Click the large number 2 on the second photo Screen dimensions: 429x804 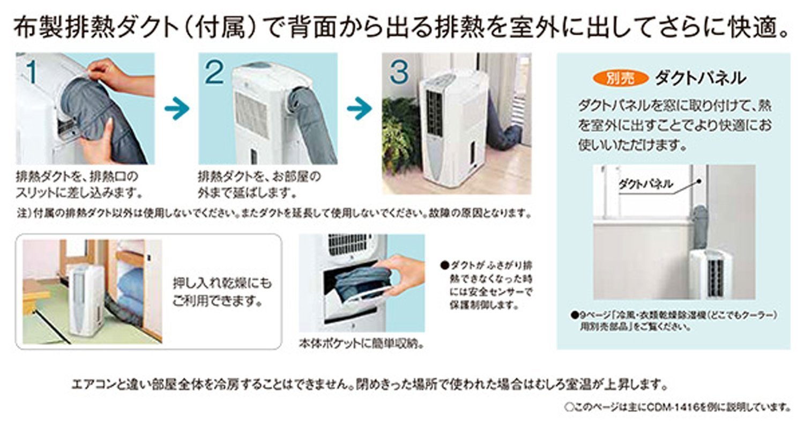pyautogui.click(x=214, y=72)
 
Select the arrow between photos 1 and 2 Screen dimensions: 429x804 pyautogui.click(x=176, y=109)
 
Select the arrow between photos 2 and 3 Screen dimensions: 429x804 pyautogui.click(x=359, y=109)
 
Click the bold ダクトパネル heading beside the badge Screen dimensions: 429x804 pyautogui.click(x=700, y=79)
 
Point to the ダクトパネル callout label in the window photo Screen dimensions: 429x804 pyautogui.click(x=645, y=184)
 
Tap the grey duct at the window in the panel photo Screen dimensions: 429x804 pyautogui.click(x=699, y=219)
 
